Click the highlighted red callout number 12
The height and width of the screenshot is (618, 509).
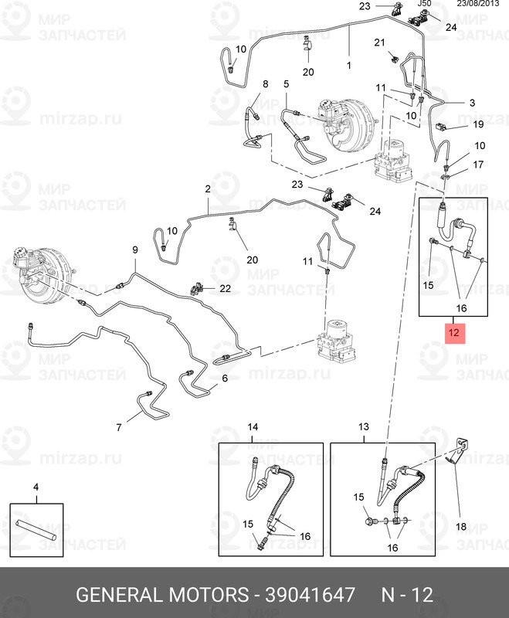click(x=454, y=334)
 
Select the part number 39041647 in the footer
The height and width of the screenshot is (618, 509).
click(x=311, y=595)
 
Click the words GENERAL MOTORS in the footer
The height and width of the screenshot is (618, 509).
click(x=161, y=595)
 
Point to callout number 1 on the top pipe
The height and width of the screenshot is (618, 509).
click(x=348, y=66)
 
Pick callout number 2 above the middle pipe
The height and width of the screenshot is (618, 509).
click(x=208, y=189)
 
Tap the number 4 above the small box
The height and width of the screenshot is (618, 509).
click(x=35, y=487)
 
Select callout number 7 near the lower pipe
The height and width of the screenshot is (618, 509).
click(x=120, y=426)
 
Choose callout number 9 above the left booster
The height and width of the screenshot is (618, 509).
click(x=134, y=250)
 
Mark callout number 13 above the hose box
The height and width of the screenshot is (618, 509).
click(x=365, y=427)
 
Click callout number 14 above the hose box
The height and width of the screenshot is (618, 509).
click(x=253, y=427)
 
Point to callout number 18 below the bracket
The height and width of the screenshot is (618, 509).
click(x=460, y=527)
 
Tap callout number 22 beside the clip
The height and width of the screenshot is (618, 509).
click(x=225, y=288)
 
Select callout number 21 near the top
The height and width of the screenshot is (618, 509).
click(x=379, y=42)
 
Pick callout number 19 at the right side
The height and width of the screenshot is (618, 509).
click(x=478, y=124)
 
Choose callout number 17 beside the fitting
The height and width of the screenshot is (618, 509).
click(x=478, y=165)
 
